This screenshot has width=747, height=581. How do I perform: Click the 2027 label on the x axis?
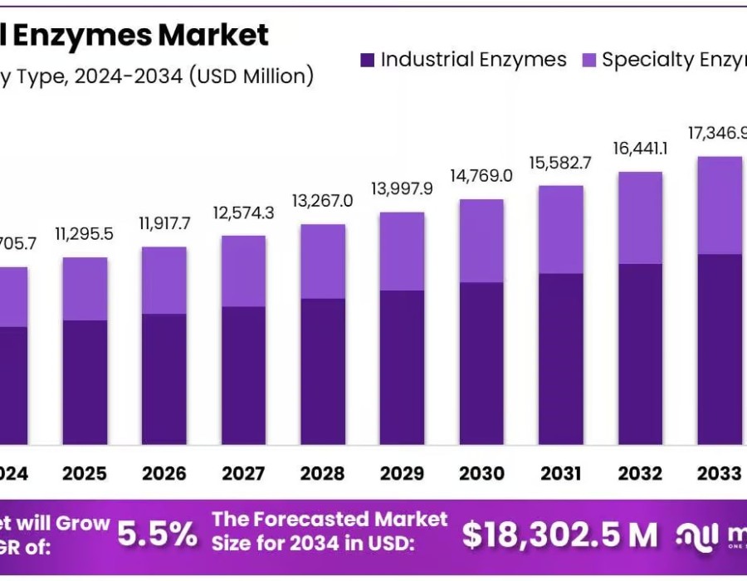243,473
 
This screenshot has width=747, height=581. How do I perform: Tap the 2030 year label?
481,473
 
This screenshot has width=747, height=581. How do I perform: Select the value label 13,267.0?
323,202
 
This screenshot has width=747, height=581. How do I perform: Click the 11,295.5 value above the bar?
85,235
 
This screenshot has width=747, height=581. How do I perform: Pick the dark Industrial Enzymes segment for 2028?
323,371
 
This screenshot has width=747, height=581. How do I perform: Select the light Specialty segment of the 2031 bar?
561,229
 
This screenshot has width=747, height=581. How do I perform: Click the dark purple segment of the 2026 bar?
164,378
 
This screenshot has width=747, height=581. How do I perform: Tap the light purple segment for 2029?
403,251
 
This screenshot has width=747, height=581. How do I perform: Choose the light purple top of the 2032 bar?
640,217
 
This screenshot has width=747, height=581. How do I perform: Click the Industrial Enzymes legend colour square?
368,61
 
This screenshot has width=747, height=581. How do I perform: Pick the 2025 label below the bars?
85,473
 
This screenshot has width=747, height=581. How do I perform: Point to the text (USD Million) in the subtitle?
251,76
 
